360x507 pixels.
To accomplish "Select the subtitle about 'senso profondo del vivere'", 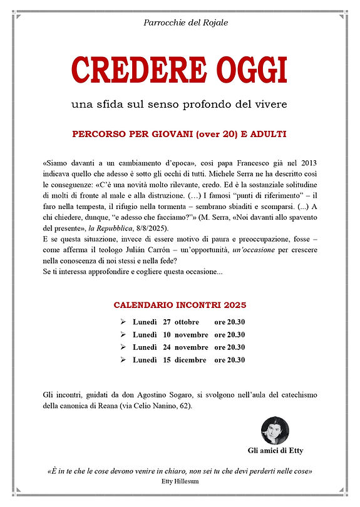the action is pyautogui.click(x=179, y=103).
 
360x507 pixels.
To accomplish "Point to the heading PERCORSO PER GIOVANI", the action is pyautogui.click(x=179, y=135).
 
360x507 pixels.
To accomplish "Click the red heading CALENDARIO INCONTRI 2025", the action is pyautogui.click(x=180, y=305).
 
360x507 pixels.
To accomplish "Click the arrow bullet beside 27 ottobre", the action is pyautogui.click(x=123, y=322).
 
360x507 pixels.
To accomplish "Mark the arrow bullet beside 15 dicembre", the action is pyautogui.click(x=123, y=360).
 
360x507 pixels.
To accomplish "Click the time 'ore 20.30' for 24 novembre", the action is pyautogui.click(x=229, y=347).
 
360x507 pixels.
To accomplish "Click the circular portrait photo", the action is pyautogui.click(x=275, y=430).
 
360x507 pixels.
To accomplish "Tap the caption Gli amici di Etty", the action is pyautogui.click(x=275, y=451).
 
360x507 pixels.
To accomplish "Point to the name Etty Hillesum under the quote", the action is pyautogui.click(x=180, y=481).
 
